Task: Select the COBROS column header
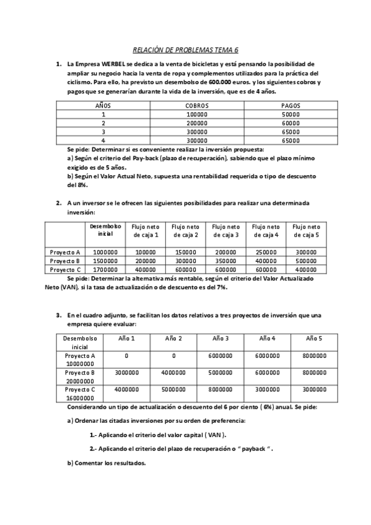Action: coord(197,105)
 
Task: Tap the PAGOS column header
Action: coord(290,105)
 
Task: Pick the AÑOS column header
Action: coord(103,105)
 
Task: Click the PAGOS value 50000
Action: coord(290,114)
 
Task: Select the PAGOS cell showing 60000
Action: coord(290,123)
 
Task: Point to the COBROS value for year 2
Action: coord(197,123)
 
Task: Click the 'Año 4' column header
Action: coord(267,338)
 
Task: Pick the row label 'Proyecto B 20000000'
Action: coord(79,376)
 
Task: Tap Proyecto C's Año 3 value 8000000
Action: coord(220,390)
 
